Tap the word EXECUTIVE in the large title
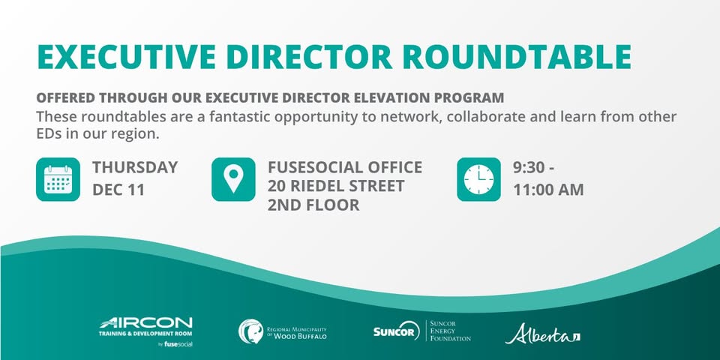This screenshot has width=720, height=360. click(126, 57)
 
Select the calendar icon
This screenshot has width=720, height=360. click(58, 179)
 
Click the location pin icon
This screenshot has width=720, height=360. click(233, 179)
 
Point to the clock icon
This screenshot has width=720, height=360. click(479, 179)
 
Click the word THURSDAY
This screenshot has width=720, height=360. click(135, 167)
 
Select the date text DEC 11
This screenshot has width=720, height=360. click(118, 190)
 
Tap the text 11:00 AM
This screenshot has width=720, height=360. click(548, 190)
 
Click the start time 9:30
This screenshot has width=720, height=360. click(529, 167)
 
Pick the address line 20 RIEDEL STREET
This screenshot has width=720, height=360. click(336, 186)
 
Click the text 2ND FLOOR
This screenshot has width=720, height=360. click(313, 205)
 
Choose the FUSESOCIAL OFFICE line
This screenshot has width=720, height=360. click(345, 167)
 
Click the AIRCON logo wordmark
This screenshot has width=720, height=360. click(146, 322)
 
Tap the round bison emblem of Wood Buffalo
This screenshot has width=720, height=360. click(250, 331)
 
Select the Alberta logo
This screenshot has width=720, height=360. click(542, 334)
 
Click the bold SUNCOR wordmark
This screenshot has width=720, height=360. click(394, 331)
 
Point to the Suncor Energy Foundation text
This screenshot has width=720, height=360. click(450, 331)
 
